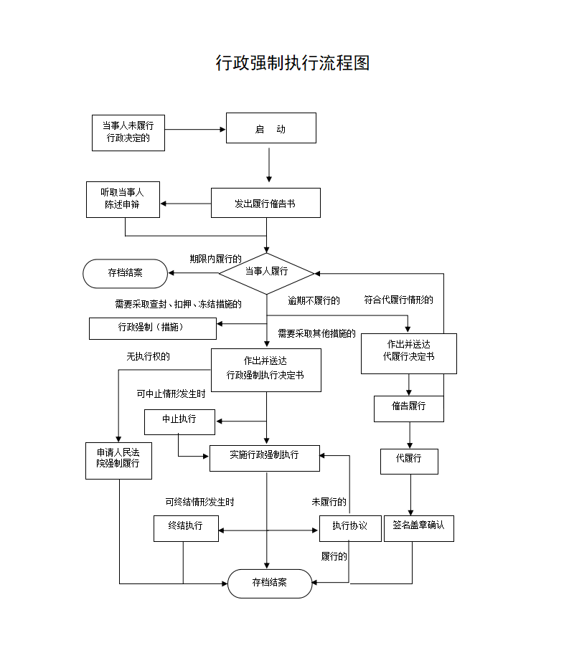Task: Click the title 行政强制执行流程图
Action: (293, 63)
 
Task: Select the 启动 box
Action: (271, 129)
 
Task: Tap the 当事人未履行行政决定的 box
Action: (128, 133)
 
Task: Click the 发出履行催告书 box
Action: (265, 204)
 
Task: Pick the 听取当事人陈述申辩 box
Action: (122, 199)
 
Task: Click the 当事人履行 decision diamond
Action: (266, 272)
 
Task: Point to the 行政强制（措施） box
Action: (152, 328)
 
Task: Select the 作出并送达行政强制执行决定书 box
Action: (265, 369)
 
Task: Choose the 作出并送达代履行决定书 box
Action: (408, 353)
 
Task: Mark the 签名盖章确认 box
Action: (418, 527)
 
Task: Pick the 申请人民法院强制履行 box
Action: (118, 459)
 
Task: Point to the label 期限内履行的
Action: (215, 259)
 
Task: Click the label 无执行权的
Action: (148, 356)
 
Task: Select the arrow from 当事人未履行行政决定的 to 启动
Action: (195, 130)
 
